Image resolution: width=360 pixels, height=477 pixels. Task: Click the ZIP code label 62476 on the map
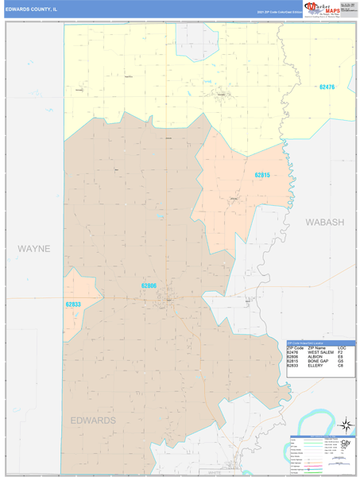[x=327, y=87]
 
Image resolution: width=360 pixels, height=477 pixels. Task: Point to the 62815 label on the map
[x=262, y=175]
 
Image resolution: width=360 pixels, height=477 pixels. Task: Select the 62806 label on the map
[x=149, y=285]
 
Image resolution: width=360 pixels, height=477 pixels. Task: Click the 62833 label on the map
[x=73, y=304]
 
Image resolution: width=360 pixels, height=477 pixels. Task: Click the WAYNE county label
[x=34, y=249]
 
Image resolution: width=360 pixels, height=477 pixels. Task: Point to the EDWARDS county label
[x=93, y=420]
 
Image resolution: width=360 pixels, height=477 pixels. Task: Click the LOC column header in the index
[x=342, y=347]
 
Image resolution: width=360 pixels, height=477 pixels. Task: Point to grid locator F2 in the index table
[x=340, y=352]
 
